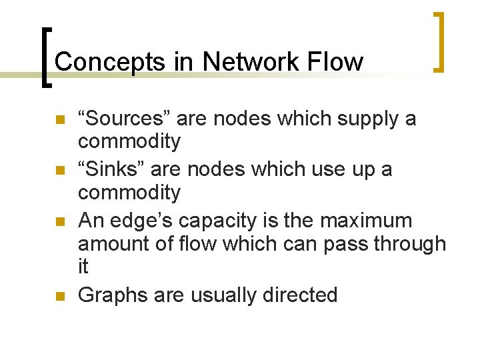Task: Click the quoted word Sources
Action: click(x=119, y=119)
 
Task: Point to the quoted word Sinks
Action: click(x=111, y=169)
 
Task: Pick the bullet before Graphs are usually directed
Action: click(x=59, y=296)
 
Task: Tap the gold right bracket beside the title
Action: click(x=439, y=41)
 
